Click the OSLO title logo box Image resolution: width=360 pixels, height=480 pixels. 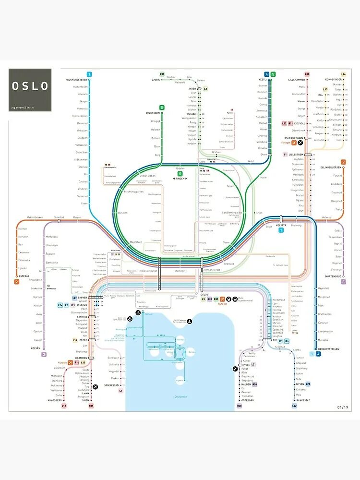(30, 90)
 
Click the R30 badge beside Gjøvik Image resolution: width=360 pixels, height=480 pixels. (162, 74)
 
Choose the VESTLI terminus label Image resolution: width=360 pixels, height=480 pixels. (263, 80)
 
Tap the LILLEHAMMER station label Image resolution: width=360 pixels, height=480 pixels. (297, 80)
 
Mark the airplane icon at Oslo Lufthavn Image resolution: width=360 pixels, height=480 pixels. (300, 143)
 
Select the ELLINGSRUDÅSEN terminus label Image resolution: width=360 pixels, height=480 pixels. (331, 168)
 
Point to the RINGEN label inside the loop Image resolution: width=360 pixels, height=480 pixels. (180, 179)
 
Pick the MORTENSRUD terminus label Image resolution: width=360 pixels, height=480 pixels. (332, 276)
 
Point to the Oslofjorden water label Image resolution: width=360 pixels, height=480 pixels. (180, 396)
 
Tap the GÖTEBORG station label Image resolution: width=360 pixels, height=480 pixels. (248, 400)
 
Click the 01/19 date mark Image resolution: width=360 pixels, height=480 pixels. (343, 408)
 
